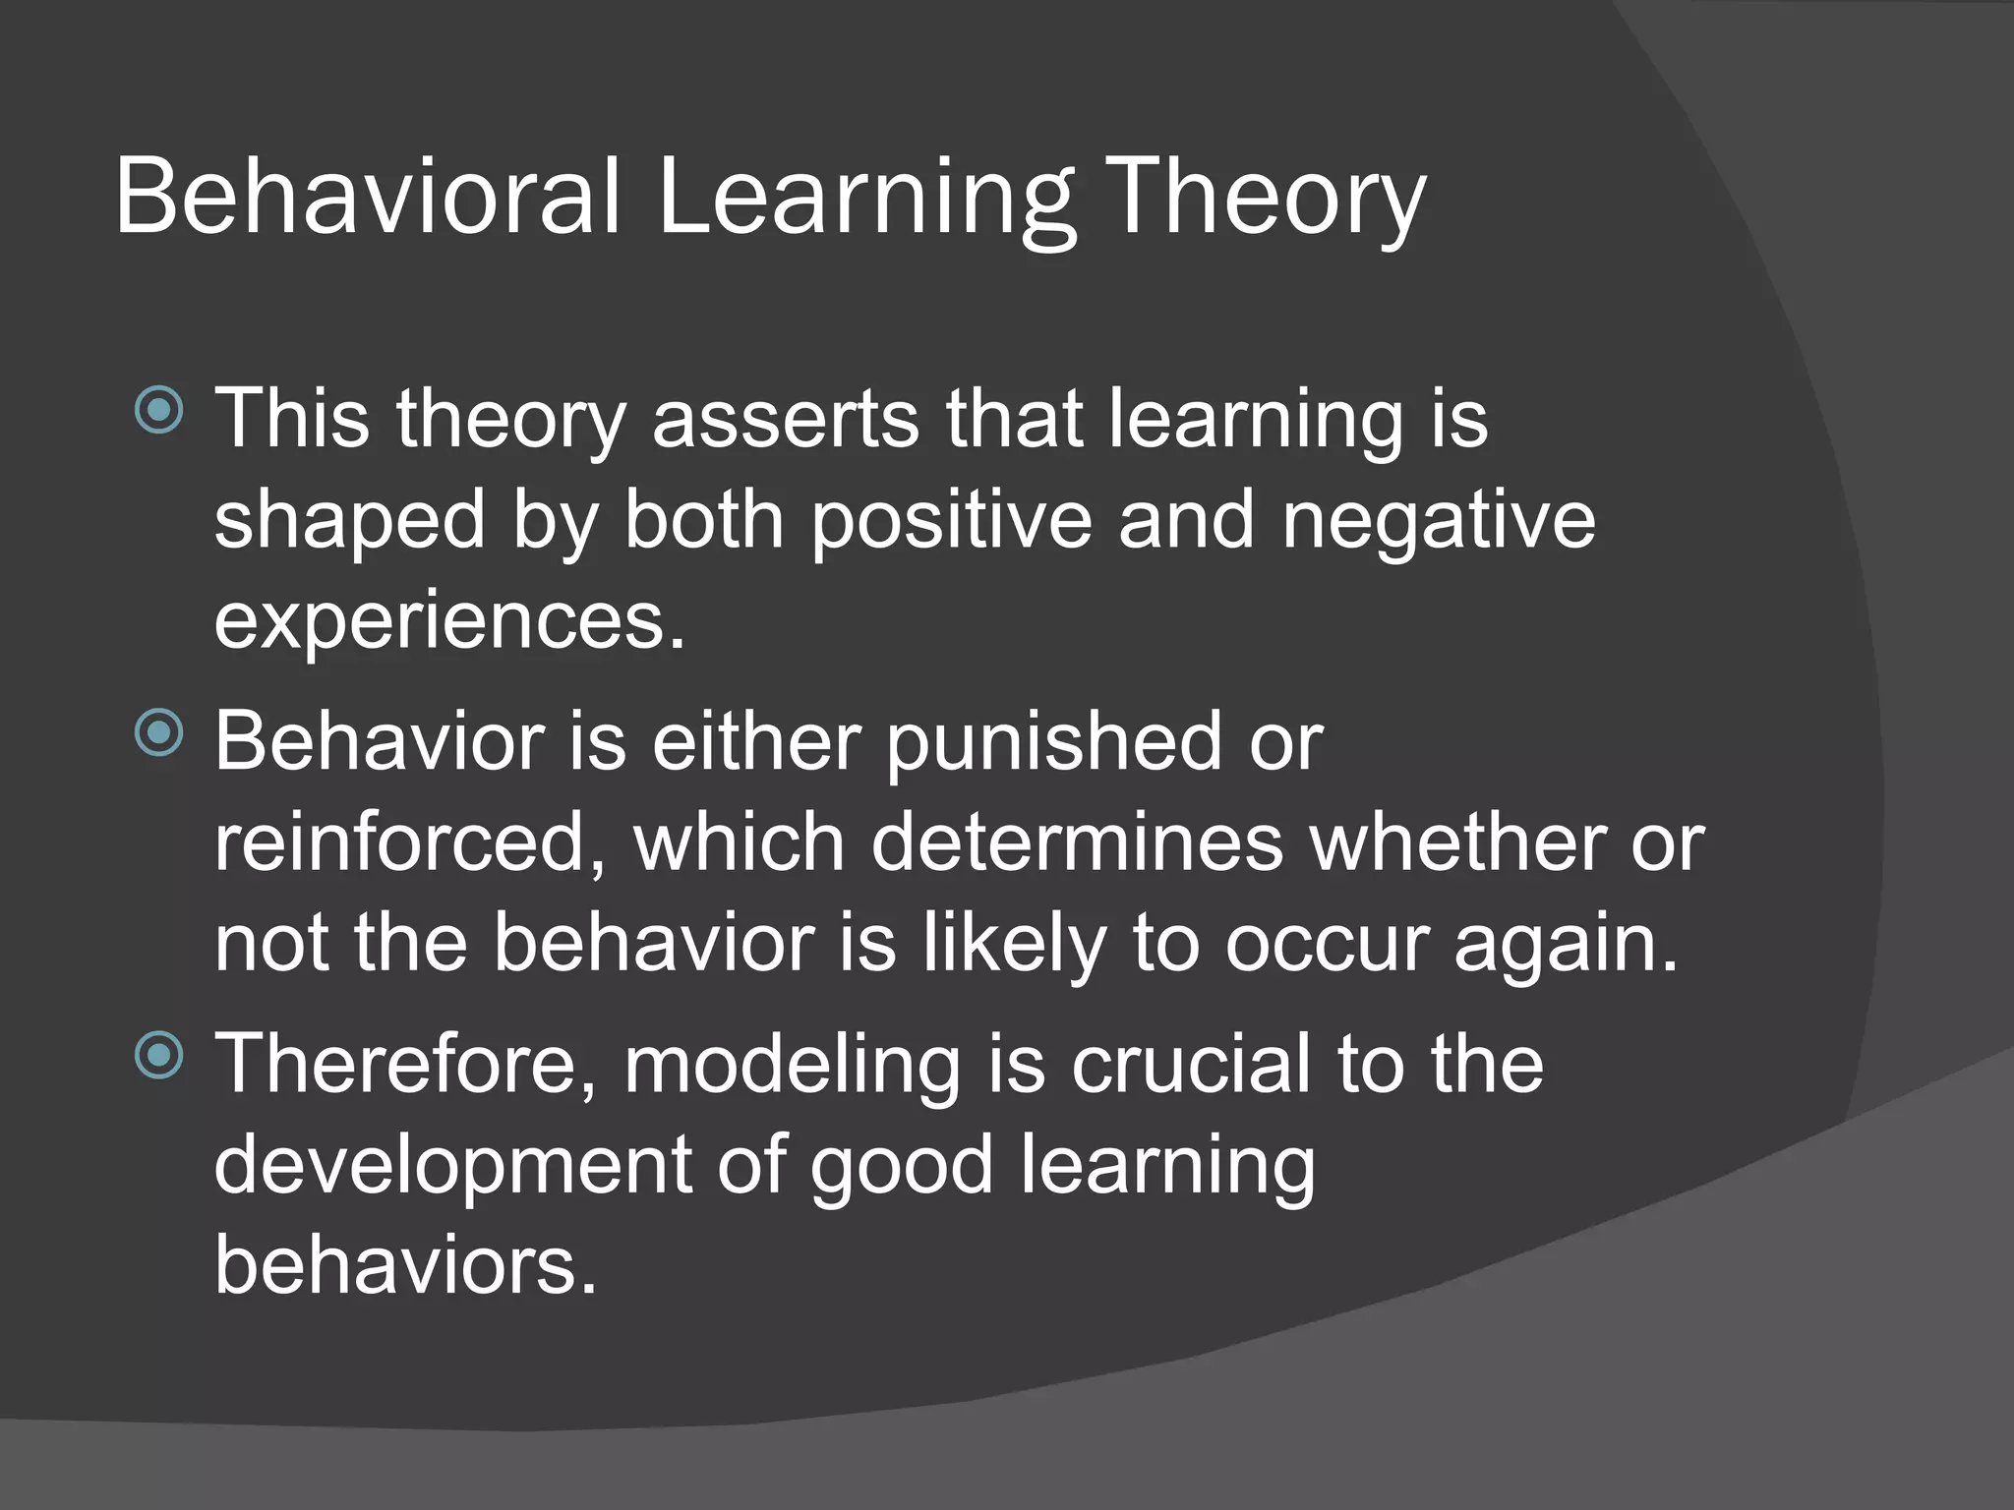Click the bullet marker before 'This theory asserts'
pos(159,410)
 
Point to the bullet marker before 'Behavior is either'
pos(159,733)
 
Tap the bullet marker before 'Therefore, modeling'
pos(159,1056)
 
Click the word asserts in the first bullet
pos(786,419)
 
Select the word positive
pos(951,521)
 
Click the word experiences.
pos(449,623)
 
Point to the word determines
pos(1077,842)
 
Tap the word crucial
pos(1190,1066)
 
